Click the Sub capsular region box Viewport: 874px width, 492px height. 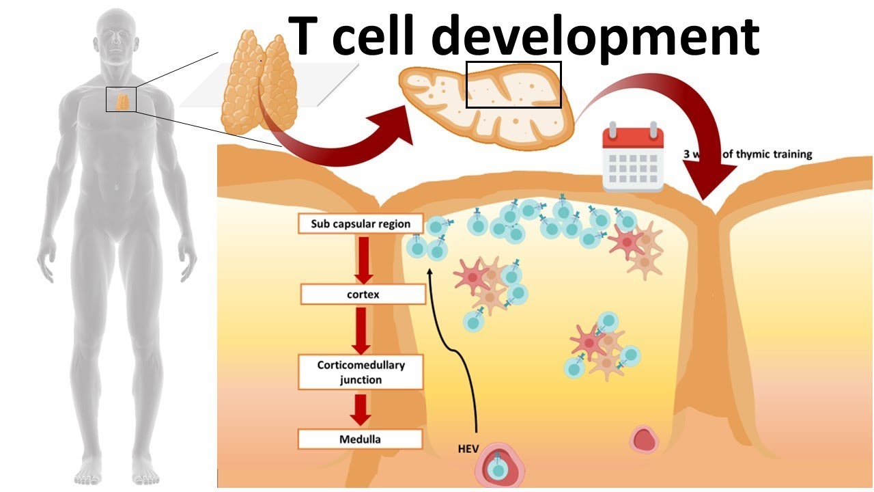pos(361,223)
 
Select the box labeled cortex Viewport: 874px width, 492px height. pos(363,295)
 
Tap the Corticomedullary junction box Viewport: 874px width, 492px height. pos(361,372)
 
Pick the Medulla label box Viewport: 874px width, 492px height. pos(360,439)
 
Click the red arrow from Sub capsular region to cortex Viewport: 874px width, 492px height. pos(363,259)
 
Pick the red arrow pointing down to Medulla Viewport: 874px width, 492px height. pos(361,409)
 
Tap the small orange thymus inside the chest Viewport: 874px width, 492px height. pos(122,101)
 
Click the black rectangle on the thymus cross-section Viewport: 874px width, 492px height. pos(513,84)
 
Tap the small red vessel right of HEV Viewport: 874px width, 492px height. pos(643,439)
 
